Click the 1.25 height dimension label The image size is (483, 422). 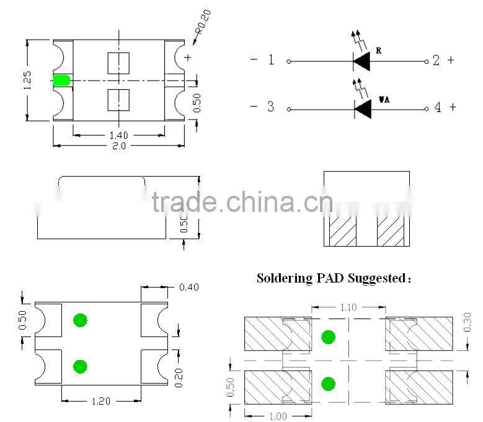(x=27, y=80)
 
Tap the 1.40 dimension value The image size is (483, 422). (x=119, y=135)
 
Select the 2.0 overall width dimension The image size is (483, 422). (x=118, y=146)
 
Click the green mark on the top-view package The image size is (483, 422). (x=61, y=81)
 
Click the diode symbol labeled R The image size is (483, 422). (x=361, y=61)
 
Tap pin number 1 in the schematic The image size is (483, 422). (x=270, y=60)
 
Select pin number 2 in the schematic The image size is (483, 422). (x=436, y=60)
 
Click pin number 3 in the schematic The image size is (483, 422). (x=270, y=107)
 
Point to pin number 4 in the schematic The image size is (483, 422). (x=438, y=107)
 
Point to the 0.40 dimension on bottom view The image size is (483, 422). (x=189, y=287)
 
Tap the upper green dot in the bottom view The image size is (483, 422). (x=79, y=320)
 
